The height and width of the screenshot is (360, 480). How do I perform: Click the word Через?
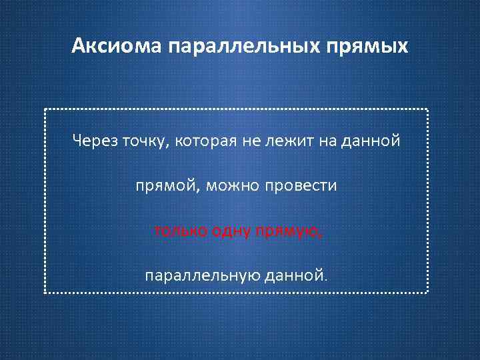(95, 141)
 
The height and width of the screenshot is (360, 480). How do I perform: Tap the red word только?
(180, 231)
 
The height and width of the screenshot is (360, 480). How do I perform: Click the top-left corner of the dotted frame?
(45, 109)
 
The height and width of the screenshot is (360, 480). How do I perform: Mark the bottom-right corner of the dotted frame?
(427, 293)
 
